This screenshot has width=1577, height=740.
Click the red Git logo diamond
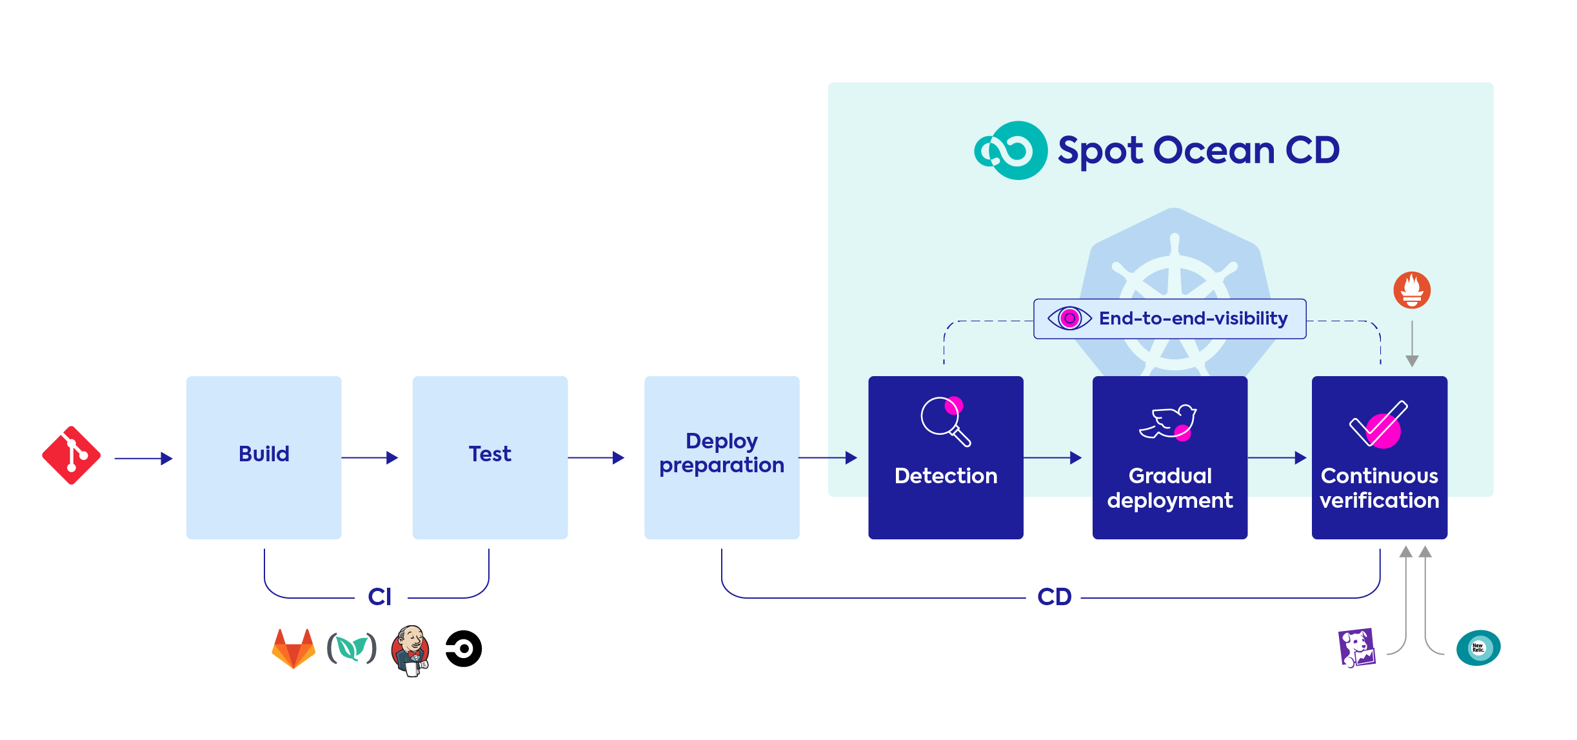(71, 455)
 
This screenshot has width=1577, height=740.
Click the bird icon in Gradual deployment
(1168, 423)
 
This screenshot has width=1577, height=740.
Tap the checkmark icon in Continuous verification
(1378, 425)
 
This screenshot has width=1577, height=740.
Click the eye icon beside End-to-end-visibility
(1069, 318)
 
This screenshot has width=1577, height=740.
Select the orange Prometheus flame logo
(1412, 290)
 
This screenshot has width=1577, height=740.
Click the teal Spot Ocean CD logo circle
(1011, 150)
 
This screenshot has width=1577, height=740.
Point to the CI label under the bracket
(380, 597)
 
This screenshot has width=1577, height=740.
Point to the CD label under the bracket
(1054, 597)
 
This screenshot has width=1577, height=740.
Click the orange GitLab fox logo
(293, 648)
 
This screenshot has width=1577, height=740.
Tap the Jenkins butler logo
(410, 650)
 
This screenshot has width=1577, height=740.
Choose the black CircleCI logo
(464, 648)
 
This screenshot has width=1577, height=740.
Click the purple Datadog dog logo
(1356, 647)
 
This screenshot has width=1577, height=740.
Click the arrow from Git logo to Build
(143, 458)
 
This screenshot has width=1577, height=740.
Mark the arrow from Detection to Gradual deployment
(1052, 457)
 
